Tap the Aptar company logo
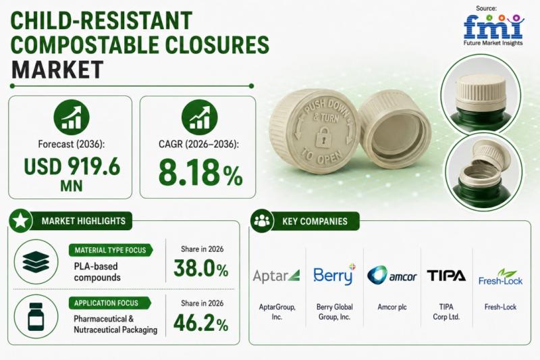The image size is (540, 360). point(276,276)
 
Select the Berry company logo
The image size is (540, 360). point(334,275)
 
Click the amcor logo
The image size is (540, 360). point(392,276)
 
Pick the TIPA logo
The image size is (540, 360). point(446,276)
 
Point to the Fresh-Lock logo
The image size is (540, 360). point(500,278)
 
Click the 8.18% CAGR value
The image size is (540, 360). point(200,172)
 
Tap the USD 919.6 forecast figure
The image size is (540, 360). point(72,166)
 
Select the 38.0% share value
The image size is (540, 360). point(200,268)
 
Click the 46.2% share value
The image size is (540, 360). point(200,323)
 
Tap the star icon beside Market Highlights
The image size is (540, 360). point(20,220)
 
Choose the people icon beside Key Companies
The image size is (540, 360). point(262,220)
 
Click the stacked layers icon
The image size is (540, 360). point(36,262)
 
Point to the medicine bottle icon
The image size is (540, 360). point(36,317)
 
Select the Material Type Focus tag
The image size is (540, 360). point(111,250)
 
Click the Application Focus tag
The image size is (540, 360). point(109,303)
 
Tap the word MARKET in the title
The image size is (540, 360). point(57,70)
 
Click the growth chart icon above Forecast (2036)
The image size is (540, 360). point(72,117)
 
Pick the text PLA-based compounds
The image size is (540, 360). point(97,272)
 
